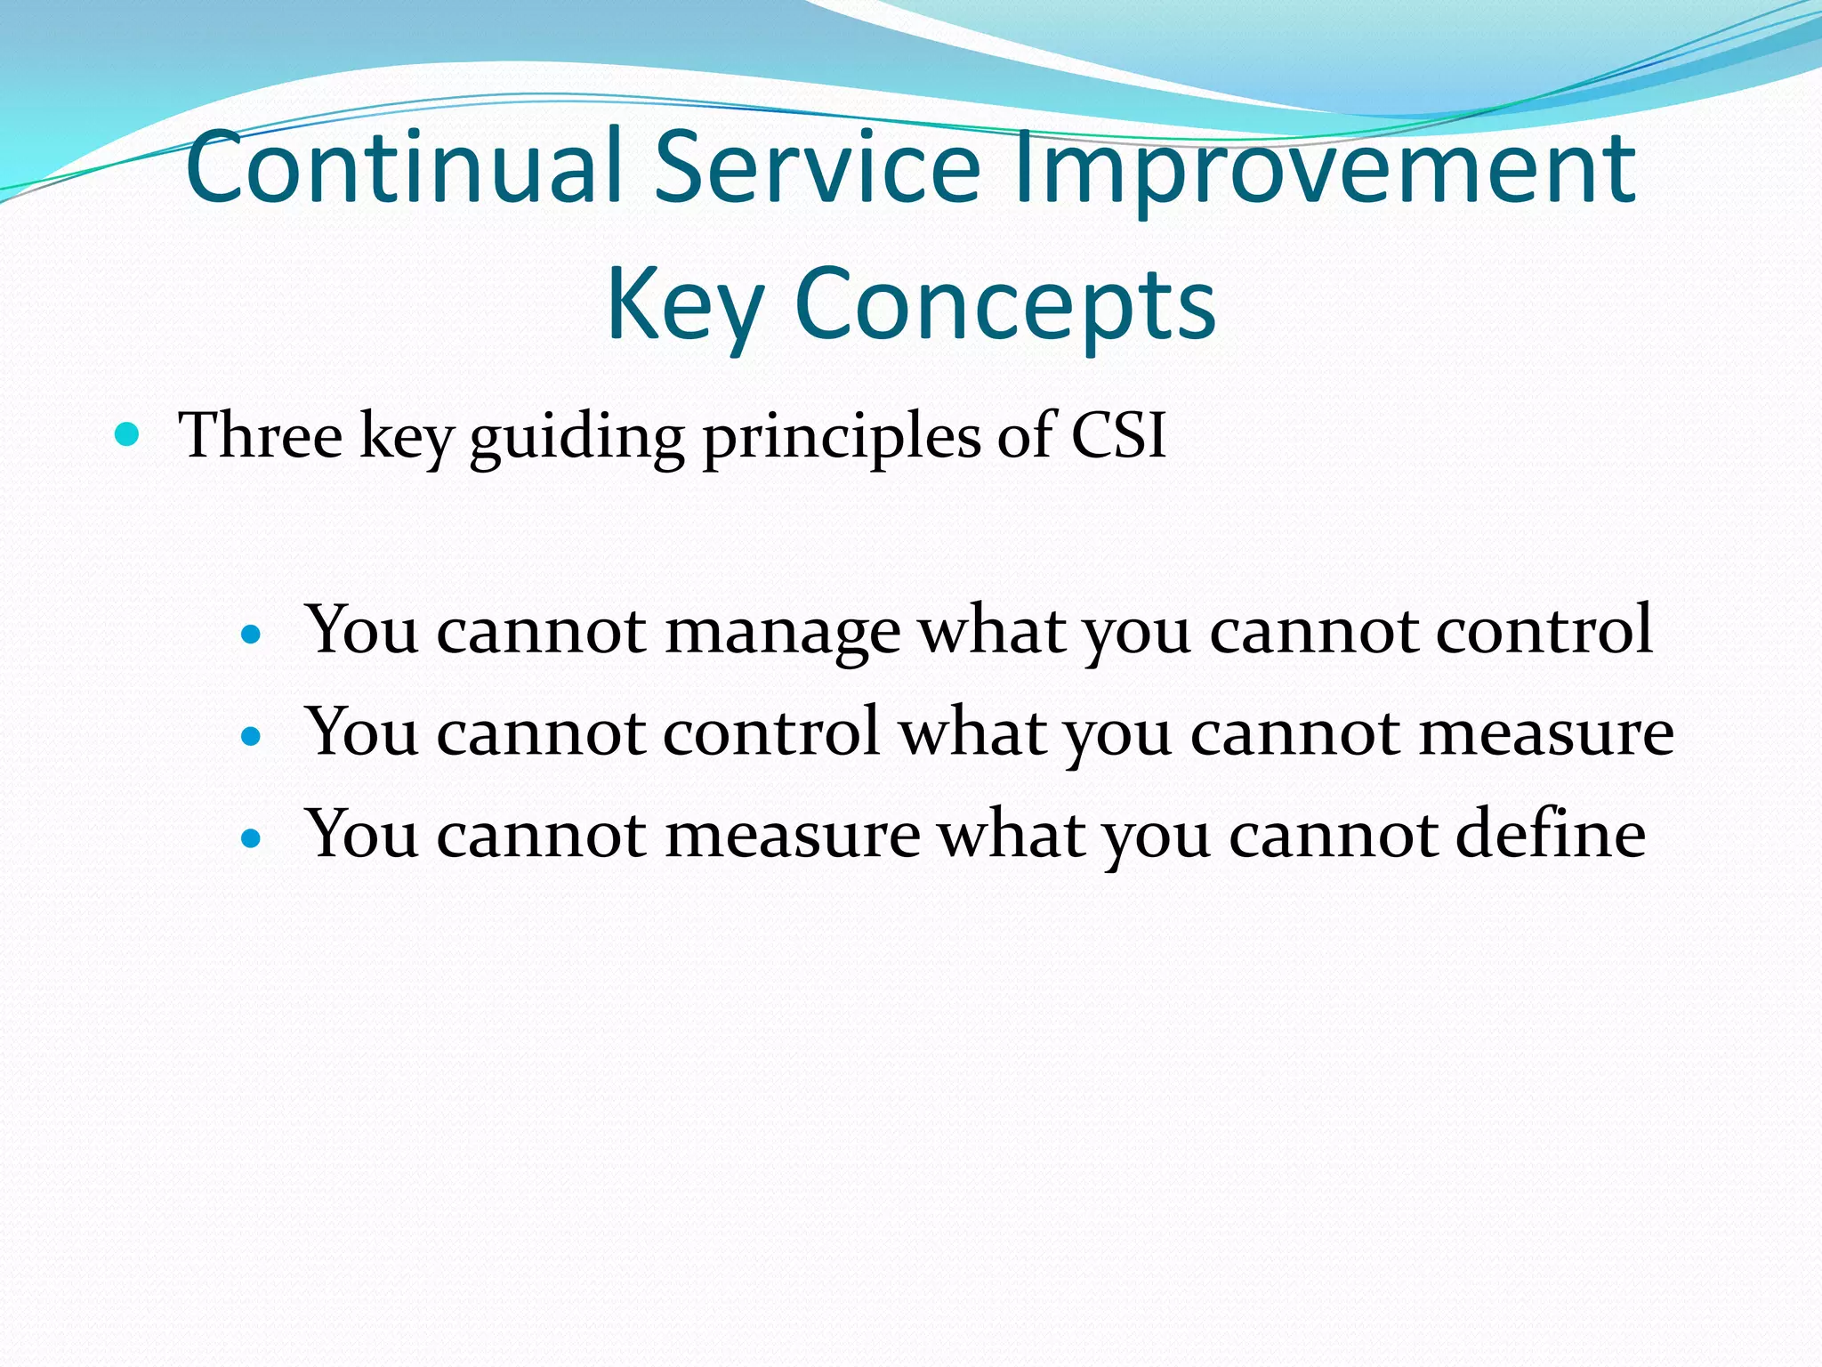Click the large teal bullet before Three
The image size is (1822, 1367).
point(128,435)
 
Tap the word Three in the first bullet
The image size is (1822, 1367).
point(261,435)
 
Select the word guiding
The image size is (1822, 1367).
point(576,438)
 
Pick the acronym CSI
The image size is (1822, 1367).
point(1117,435)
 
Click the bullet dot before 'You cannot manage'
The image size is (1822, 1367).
point(252,635)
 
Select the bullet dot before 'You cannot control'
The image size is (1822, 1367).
point(252,736)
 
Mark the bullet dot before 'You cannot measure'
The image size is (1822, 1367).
point(252,838)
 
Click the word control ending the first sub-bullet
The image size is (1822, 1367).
point(1544,630)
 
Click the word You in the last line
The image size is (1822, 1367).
point(362,835)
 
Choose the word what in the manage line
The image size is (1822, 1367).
point(991,630)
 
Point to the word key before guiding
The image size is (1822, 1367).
point(407,438)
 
